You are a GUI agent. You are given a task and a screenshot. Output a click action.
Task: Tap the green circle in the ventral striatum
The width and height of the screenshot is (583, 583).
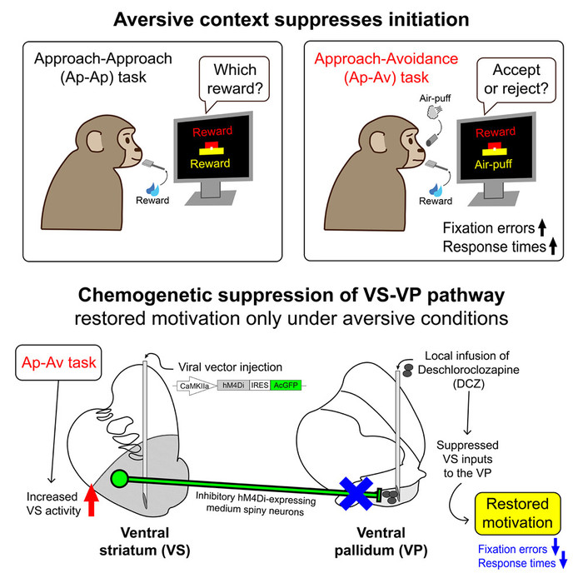tap(120, 479)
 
